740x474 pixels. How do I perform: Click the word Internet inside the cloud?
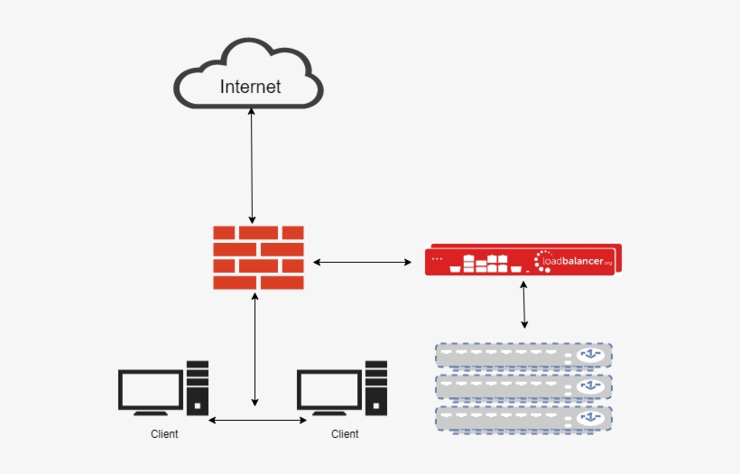click(x=250, y=87)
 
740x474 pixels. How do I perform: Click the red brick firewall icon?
click(x=258, y=257)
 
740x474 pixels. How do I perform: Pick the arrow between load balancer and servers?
click(x=524, y=305)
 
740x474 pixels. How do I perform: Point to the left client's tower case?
click(x=198, y=386)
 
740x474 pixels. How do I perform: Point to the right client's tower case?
click(x=376, y=386)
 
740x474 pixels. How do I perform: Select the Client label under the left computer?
click(x=164, y=434)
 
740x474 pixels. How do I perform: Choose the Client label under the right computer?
click(x=345, y=434)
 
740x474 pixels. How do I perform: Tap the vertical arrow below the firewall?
click(x=256, y=348)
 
